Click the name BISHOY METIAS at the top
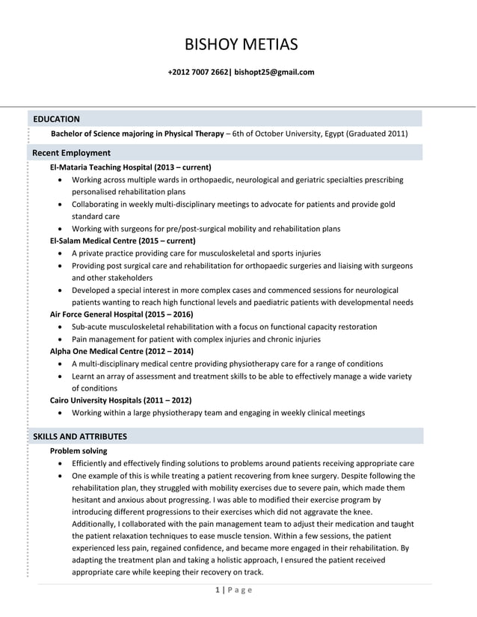click(x=241, y=45)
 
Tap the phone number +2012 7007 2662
click(x=199, y=72)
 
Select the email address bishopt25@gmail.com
click(x=274, y=72)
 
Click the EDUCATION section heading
click(x=56, y=119)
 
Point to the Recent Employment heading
click(x=71, y=153)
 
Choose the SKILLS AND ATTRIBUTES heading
click(x=79, y=436)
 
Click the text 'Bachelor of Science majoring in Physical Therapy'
click(x=137, y=134)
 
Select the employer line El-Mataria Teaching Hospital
click(x=130, y=167)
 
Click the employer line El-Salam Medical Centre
click(x=122, y=241)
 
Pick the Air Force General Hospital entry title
click(x=121, y=314)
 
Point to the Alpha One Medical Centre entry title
click(x=121, y=351)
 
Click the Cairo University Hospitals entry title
click(x=120, y=400)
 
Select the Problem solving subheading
click(x=78, y=451)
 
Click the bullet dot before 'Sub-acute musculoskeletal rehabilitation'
click(x=61, y=327)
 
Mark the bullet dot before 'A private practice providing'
click(x=61, y=254)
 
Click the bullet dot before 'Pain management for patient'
click(x=61, y=340)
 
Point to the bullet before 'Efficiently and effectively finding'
click(x=61, y=464)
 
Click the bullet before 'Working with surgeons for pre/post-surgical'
click(x=61, y=229)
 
